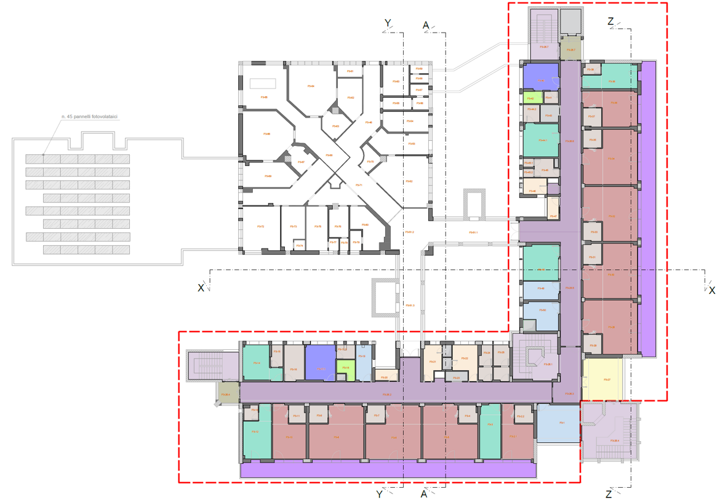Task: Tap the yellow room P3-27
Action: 602,379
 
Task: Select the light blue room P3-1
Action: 559,423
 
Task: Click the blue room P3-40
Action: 540,79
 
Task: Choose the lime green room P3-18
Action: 346,368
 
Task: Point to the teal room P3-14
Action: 256,363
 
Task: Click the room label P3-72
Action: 260,227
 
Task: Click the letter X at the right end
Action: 712,290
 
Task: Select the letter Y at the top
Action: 388,23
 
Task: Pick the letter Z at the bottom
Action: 609,494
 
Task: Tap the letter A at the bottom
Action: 425,494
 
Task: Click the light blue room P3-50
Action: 542,311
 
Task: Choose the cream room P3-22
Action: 465,359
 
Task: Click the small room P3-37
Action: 591,116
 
